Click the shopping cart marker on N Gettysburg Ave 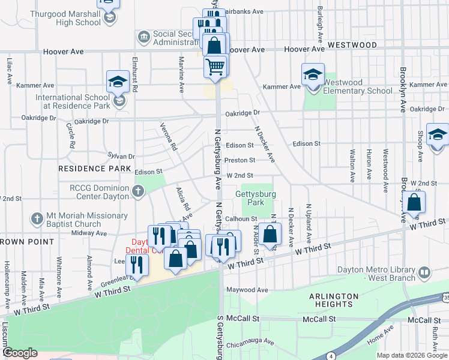click(215, 66)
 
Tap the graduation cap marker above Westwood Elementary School click(313, 75)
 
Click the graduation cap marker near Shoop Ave click(438, 135)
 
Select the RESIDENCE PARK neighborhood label click(94, 169)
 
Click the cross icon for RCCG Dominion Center click(139, 191)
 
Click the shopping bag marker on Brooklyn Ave click(414, 203)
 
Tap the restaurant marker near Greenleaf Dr click(139, 263)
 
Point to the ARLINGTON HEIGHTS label click(334, 301)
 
